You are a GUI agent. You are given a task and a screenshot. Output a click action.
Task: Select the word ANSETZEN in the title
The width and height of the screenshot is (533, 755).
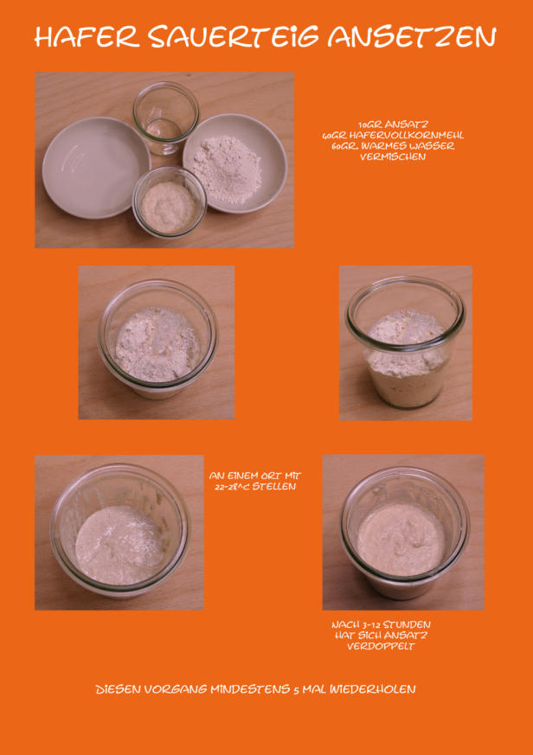(x=412, y=36)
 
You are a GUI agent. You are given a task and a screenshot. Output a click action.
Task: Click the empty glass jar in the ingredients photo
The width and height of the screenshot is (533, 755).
(x=166, y=118)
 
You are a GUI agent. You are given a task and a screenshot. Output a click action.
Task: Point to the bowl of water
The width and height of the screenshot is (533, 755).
(x=96, y=167)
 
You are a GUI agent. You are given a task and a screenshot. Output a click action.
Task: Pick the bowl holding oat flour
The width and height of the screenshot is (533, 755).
(x=234, y=163)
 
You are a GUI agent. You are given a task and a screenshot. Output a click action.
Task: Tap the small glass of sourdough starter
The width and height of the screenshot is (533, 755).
(x=169, y=202)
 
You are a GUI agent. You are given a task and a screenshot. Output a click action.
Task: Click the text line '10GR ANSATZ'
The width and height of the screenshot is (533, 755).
(x=393, y=125)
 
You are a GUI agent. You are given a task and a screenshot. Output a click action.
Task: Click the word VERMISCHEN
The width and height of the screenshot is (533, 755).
(x=393, y=157)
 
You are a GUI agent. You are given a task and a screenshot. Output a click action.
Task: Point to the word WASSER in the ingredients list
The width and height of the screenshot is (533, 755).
(x=432, y=146)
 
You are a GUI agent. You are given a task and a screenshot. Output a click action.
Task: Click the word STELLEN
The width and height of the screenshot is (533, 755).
(x=274, y=486)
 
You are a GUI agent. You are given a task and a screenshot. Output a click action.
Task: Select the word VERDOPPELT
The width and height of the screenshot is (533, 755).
(x=381, y=646)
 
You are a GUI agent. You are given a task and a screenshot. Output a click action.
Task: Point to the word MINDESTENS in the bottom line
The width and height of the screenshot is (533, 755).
(x=250, y=689)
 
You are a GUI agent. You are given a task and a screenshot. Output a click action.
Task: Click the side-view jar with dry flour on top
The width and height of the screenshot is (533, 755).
(x=406, y=342)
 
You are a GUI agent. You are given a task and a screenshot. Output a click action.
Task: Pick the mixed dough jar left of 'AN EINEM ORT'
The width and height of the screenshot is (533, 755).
(x=119, y=531)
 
